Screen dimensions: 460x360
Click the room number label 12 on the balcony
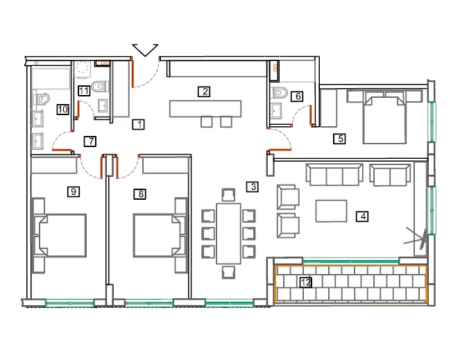[306, 282]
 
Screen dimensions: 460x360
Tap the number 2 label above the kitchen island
[204, 92]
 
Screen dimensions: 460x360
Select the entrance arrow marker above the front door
[145, 50]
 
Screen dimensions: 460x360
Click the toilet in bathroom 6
[280, 93]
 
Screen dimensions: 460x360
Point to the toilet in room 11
[100, 87]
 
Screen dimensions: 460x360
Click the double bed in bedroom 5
[384, 119]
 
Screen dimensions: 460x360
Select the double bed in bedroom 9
[60, 236]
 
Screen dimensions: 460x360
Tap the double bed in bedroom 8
[159, 236]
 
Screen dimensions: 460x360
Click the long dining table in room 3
[228, 234]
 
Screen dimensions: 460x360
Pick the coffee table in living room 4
[331, 211]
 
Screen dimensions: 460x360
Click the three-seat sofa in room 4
[334, 174]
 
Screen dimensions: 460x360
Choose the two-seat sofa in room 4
[390, 175]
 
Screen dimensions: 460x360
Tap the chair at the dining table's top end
[228, 195]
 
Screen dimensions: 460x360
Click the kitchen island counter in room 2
[205, 109]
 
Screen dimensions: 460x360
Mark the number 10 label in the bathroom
[62, 110]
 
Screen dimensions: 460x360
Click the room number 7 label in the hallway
[90, 142]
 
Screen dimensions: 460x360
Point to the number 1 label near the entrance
[138, 124]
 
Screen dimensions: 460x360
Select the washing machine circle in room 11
[82, 69]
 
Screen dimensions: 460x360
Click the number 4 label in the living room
[362, 217]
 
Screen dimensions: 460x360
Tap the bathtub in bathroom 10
[51, 78]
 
